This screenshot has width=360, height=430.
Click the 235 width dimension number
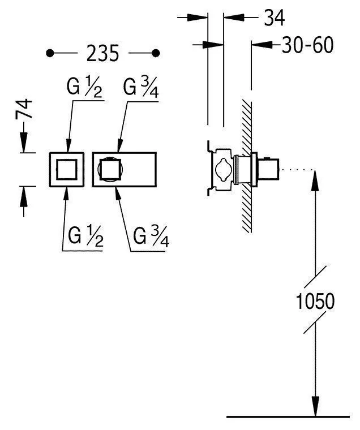pyautogui.click(x=102, y=53)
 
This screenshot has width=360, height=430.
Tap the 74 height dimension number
pyautogui.click(x=24, y=109)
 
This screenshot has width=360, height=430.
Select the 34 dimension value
pyautogui.click(x=274, y=18)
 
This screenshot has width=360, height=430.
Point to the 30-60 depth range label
pyautogui.click(x=307, y=45)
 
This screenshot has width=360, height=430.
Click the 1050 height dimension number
pyautogui.click(x=315, y=301)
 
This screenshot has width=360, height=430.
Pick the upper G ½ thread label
pyautogui.click(x=84, y=87)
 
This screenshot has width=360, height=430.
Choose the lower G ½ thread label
pyautogui.click(x=85, y=235)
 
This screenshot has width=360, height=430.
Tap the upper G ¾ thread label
pyautogui.click(x=141, y=87)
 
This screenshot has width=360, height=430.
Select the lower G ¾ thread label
pyautogui.click(x=151, y=235)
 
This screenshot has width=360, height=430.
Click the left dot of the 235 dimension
pyautogui.click(x=50, y=53)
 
